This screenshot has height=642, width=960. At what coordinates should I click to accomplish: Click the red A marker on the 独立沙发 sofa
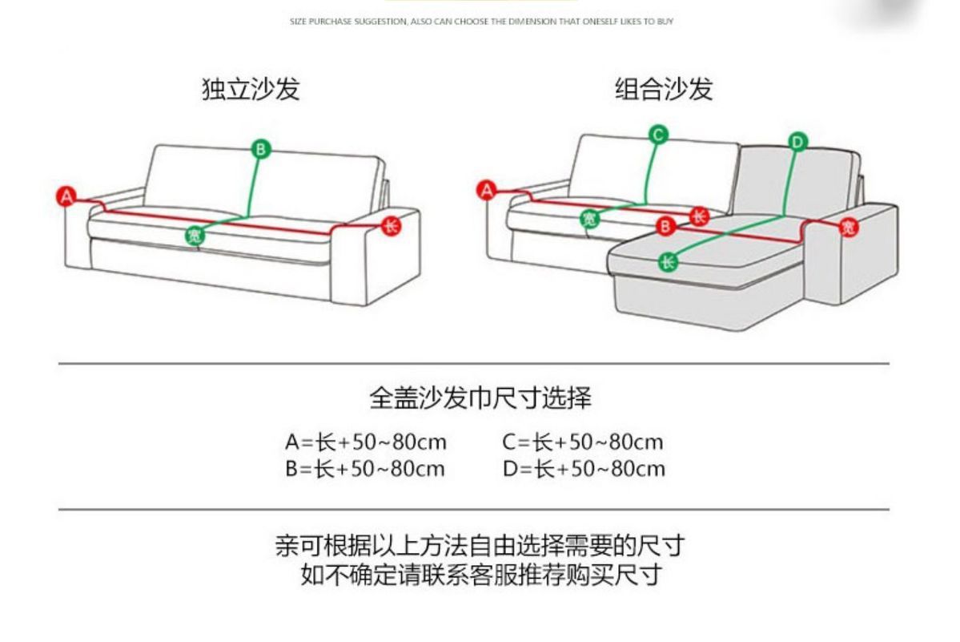click(x=66, y=196)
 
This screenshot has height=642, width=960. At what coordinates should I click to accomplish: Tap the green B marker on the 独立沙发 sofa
click(x=262, y=148)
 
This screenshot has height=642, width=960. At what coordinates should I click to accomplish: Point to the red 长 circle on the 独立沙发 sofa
click(x=391, y=226)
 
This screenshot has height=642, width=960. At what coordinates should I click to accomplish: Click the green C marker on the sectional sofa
click(x=658, y=135)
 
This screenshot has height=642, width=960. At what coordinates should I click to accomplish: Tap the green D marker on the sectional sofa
click(x=798, y=143)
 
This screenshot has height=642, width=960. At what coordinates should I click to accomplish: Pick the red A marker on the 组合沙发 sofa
click(x=486, y=190)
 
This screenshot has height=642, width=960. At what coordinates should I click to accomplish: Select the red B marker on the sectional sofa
click(x=665, y=227)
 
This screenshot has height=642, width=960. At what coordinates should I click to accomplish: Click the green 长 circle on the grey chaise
click(x=668, y=261)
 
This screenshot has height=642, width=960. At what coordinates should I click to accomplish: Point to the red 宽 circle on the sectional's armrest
click(x=849, y=228)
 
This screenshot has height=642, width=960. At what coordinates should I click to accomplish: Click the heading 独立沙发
click(x=251, y=89)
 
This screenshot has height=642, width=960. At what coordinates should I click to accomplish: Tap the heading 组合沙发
click(x=664, y=89)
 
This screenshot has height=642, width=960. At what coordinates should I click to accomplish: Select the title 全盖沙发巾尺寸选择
click(x=480, y=398)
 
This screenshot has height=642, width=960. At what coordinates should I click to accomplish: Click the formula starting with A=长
click(x=366, y=442)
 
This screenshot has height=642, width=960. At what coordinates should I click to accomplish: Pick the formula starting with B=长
click(x=365, y=469)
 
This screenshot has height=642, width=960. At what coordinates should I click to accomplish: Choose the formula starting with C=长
click(x=583, y=442)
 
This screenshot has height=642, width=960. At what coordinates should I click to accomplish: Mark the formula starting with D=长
click(x=584, y=469)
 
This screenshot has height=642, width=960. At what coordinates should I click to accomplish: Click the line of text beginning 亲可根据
click(x=480, y=547)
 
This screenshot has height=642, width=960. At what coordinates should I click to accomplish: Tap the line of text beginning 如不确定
click(x=480, y=575)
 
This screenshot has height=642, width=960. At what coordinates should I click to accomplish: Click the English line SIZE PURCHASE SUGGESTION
click(x=480, y=22)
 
